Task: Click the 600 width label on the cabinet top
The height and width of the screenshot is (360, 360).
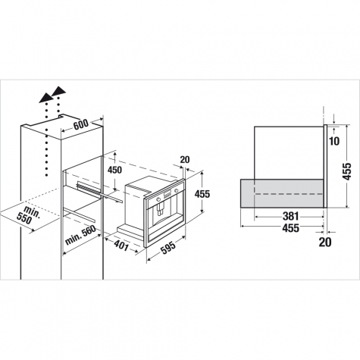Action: (x=81, y=124)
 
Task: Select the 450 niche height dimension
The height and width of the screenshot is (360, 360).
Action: (x=114, y=170)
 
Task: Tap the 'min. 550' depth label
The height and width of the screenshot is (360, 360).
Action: (x=28, y=215)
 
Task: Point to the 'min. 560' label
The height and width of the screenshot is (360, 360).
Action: (x=80, y=235)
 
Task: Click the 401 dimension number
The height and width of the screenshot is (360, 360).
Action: (x=121, y=246)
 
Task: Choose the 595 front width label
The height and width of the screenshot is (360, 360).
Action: (x=168, y=248)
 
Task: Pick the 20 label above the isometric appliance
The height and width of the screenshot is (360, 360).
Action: (x=185, y=160)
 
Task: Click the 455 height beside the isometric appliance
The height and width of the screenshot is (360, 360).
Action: (x=202, y=194)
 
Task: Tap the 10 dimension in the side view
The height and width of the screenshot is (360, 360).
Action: (x=334, y=142)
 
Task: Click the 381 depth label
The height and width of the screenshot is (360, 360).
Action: (x=290, y=216)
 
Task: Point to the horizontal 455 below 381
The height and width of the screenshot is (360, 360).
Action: (x=290, y=228)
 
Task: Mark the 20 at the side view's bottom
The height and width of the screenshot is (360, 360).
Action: (x=325, y=242)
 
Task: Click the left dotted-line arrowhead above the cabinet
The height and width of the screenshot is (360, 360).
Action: (x=45, y=98)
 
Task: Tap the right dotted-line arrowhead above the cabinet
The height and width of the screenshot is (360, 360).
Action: (x=58, y=91)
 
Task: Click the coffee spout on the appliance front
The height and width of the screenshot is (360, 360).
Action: (x=160, y=209)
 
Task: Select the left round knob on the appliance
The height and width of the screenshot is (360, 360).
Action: (x=158, y=199)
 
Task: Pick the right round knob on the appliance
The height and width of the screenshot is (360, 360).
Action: (x=176, y=190)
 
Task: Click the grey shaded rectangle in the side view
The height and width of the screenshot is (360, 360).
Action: (x=282, y=193)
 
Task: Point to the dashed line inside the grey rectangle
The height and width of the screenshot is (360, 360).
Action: (x=289, y=194)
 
